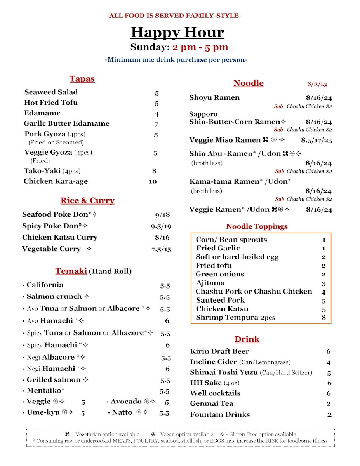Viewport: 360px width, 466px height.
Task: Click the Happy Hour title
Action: pyautogui.click(x=177, y=32)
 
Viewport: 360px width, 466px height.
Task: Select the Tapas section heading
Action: pyautogui.click(x=82, y=79)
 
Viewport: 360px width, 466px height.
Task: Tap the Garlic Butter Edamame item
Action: pyautogui.click(x=66, y=124)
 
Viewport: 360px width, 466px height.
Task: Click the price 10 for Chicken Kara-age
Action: pyautogui.click(x=153, y=181)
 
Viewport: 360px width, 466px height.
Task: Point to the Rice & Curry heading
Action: pyautogui.click(x=87, y=201)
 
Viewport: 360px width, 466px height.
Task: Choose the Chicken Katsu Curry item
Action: pyautogui.click(x=60, y=238)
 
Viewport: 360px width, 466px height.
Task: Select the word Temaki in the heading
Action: pyautogui.click(x=71, y=271)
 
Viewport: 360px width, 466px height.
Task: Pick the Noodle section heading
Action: pyautogui.click(x=249, y=83)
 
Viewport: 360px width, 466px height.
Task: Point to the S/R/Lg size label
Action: pyautogui.click(x=317, y=84)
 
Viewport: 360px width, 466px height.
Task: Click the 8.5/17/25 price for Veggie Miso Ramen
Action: pyautogui.click(x=317, y=140)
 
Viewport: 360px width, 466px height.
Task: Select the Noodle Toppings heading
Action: pyautogui.click(x=257, y=226)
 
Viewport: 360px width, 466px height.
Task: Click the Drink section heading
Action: pyautogui.click(x=247, y=339)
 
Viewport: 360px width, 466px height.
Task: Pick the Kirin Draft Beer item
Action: pyautogui.click(x=219, y=351)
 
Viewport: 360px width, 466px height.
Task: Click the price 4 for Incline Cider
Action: pyautogui.click(x=329, y=363)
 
